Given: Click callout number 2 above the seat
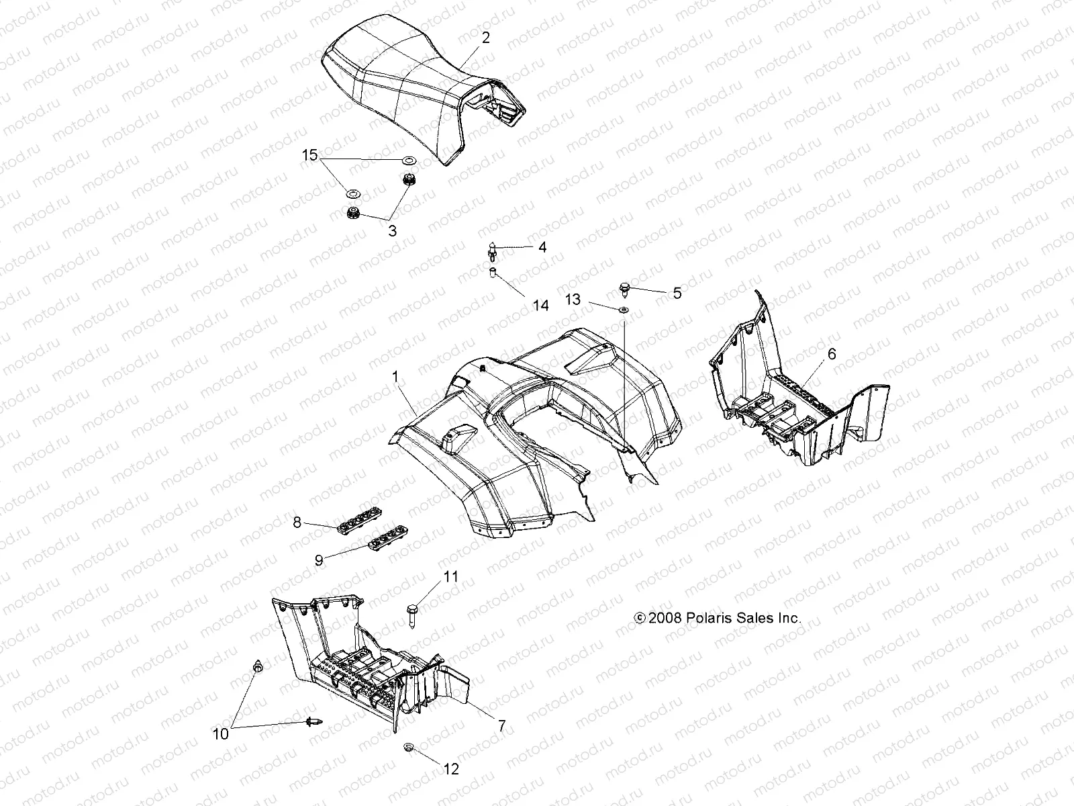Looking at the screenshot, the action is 485,38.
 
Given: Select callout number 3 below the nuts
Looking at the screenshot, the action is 392,230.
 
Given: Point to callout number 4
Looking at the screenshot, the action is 542,247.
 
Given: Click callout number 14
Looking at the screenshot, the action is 540,306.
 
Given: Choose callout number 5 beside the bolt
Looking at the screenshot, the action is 677,293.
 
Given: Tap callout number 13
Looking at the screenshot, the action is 573,300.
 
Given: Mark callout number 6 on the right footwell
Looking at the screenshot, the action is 832,354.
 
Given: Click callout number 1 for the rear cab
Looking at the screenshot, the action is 396,377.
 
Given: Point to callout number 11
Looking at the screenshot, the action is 450,576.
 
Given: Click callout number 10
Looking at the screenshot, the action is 221,734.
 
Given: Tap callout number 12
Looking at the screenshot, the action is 452,769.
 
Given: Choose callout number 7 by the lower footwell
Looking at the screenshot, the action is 501,726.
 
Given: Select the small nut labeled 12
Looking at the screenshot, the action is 408,748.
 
